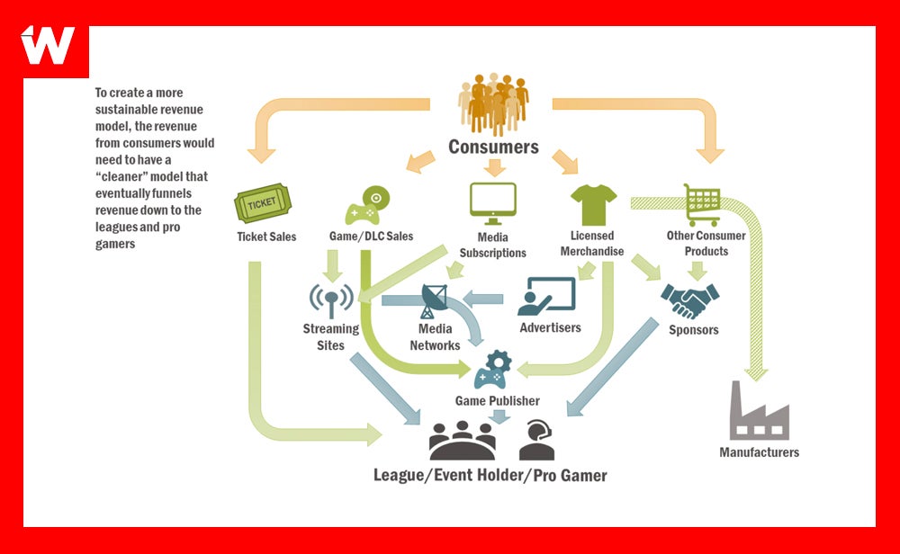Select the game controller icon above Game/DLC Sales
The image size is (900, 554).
coord(369,206)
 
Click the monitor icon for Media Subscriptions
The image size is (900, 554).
coord(492,204)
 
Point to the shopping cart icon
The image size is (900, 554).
coord(701,205)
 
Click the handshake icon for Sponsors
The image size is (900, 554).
coord(690,300)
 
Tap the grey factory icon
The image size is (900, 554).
coord(758,411)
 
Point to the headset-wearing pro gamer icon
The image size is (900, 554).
coord(536,441)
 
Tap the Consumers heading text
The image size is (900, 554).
coord(493,147)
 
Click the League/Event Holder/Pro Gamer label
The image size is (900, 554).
coord(490,474)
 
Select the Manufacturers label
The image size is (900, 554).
coord(759,452)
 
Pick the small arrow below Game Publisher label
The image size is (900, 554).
coord(496,415)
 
